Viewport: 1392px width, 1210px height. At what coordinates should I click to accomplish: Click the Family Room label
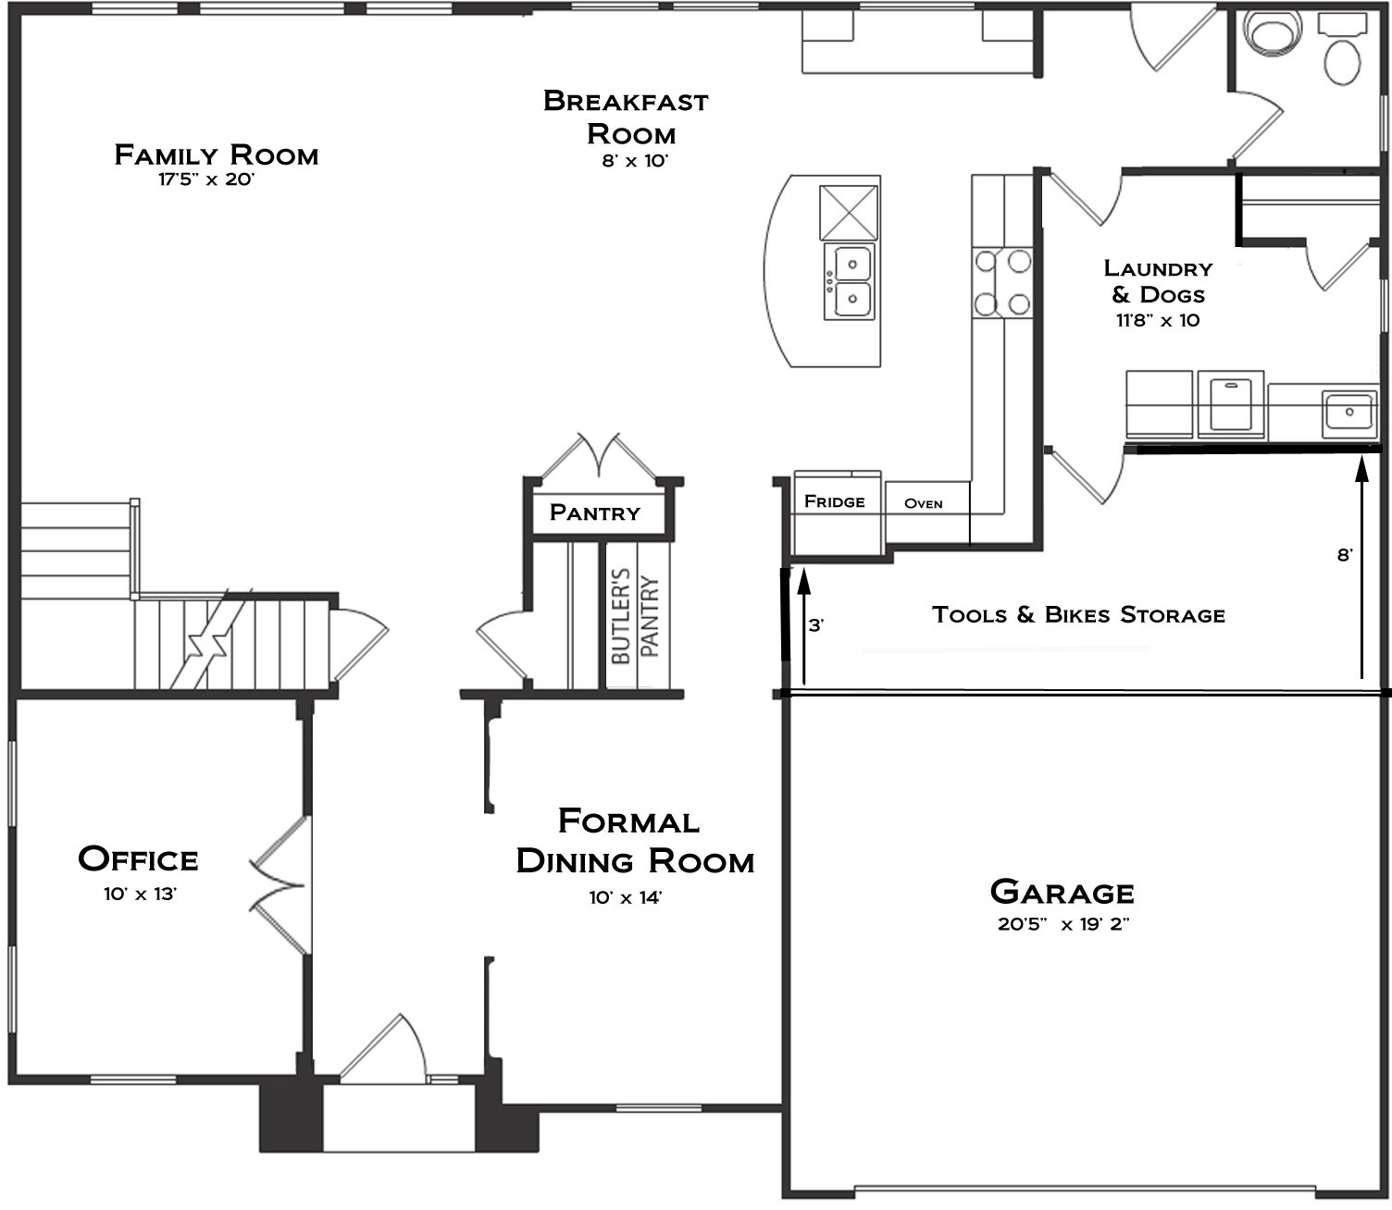coord(217,155)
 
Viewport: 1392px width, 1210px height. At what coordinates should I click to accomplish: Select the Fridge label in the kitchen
coord(834,501)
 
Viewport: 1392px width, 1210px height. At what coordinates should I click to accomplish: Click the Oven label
coord(924,504)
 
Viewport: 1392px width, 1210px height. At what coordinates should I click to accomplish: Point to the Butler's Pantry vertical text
coord(636,616)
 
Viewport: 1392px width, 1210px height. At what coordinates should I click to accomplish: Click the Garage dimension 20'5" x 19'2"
coord(1063,924)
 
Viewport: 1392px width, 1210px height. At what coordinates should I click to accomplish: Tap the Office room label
coord(138,859)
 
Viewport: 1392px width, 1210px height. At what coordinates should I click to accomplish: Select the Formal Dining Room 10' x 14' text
coord(626,898)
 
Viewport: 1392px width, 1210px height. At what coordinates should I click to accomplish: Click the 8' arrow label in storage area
coord(1345,555)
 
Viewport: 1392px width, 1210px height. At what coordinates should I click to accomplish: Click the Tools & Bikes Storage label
coord(1078,614)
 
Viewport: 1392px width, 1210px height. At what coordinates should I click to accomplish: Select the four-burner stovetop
coord(1002,282)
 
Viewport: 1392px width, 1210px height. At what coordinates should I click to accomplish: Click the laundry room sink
coord(1349,414)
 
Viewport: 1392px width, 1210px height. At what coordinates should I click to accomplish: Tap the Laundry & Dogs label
coord(1158,281)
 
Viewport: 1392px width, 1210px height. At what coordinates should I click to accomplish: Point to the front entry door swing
coord(384,1048)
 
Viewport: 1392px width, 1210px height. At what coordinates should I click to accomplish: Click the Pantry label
coord(594,512)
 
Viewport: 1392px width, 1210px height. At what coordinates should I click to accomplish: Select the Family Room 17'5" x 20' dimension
coord(206,180)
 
